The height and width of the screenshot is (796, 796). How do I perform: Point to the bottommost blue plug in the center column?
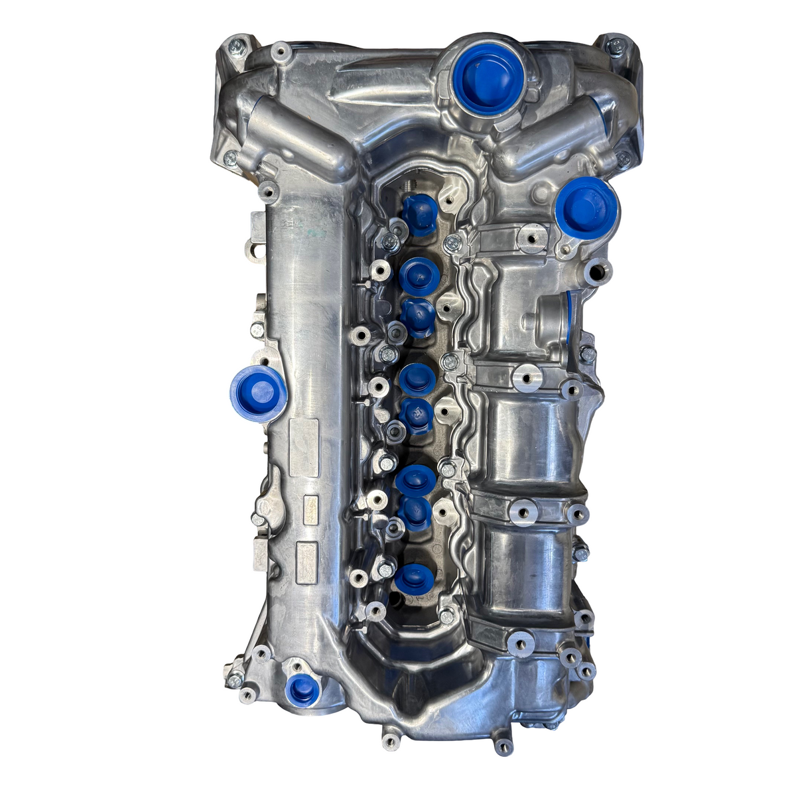pyautogui.click(x=414, y=578)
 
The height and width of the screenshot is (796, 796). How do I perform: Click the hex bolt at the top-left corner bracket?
pyautogui.click(x=235, y=47)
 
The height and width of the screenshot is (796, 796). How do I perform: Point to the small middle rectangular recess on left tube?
pyautogui.click(x=310, y=509)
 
